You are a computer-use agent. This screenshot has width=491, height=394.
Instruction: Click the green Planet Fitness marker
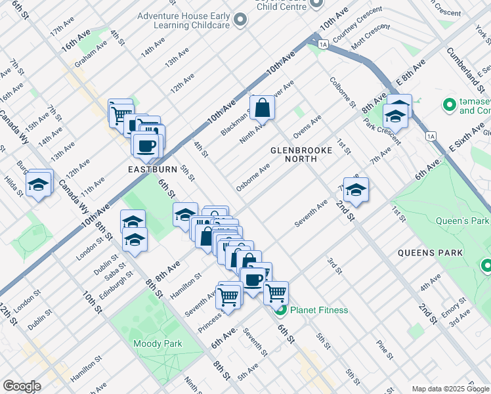280,310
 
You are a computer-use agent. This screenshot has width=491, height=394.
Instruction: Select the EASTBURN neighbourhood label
152,169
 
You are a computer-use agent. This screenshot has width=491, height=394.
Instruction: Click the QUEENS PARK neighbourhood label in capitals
431,253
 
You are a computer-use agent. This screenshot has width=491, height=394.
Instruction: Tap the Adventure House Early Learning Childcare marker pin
240,20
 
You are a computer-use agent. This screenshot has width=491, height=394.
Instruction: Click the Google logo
21,386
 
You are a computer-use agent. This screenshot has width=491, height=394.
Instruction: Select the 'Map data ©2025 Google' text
450,388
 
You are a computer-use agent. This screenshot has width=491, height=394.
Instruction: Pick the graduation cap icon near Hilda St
39,185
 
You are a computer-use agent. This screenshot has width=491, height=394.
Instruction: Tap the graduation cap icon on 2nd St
356,190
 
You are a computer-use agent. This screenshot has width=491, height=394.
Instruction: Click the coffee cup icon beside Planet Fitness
252,278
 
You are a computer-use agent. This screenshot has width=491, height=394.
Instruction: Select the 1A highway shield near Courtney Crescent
322,44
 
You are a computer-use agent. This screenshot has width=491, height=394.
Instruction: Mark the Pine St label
385,350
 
